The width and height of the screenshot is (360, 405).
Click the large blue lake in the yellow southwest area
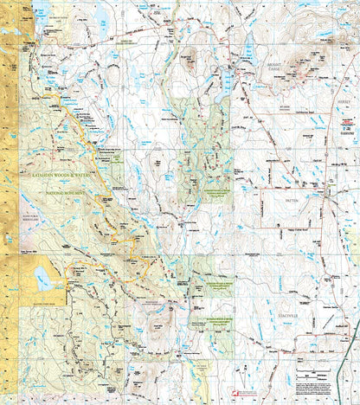tap(42, 278)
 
